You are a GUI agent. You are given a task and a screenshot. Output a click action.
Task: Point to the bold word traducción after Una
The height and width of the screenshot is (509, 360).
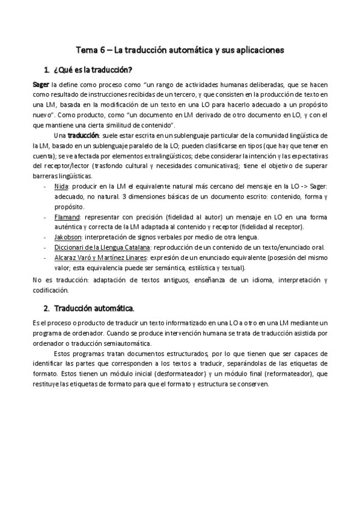84,136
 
